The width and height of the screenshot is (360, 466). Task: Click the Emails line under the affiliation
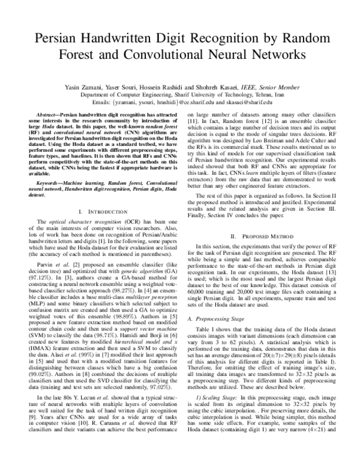coord(179,103)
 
